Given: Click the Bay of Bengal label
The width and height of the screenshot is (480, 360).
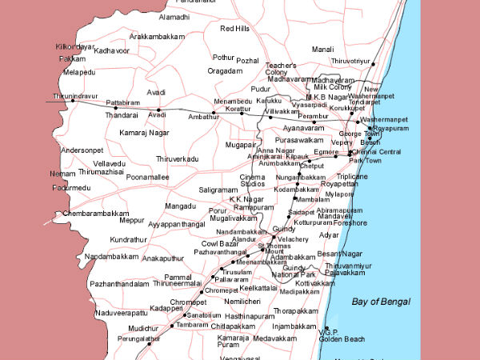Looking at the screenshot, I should tap(380, 302).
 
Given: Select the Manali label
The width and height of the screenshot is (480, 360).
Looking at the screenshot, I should tap(322, 50).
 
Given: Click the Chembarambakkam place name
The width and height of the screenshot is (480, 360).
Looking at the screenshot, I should tap(96, 214).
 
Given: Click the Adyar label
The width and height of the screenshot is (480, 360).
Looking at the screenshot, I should tap(329, 235).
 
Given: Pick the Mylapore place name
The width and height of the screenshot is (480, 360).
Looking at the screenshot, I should tap(338, 194).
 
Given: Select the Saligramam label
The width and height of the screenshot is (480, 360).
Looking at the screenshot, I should tap(218, 189).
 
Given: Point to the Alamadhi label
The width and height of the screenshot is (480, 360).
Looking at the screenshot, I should tap(174, 17).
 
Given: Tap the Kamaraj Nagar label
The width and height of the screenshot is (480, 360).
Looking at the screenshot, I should tap(143, 131).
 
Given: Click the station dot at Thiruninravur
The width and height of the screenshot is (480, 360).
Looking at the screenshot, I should tap(73, 101).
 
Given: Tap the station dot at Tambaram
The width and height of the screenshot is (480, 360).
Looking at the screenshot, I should tap(173, 326).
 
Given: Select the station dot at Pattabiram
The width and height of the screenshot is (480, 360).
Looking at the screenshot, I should tap(115, 108).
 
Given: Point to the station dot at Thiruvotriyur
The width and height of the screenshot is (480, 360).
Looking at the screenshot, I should tap(373, 64).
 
